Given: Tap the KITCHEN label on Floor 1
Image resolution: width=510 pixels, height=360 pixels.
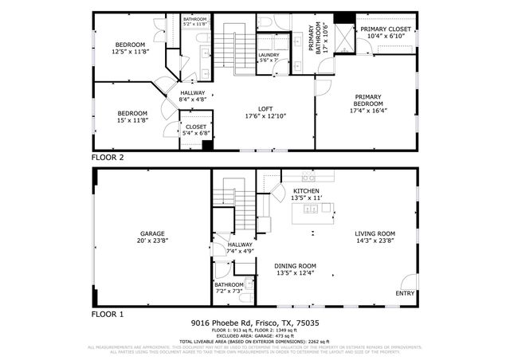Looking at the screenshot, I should (x=308, y=192).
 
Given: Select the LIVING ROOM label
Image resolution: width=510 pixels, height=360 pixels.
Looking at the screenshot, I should (x=375, y=233).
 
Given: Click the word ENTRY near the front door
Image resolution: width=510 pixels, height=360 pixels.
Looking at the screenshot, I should (x=405, y=293).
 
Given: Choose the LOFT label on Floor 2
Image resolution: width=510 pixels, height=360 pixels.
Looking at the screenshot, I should (x=265, y=109).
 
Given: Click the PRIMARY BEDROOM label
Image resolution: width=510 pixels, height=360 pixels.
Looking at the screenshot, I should (x=369, y=100).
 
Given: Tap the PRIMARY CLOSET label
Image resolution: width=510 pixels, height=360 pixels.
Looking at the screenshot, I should (x=385, y=29).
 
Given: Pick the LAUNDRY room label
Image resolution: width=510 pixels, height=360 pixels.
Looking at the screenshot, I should (x=268, y=55).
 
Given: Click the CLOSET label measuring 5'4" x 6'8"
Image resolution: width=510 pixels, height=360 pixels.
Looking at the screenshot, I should (x=196, y=127).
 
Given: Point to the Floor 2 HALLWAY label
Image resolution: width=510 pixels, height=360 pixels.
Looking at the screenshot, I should (x=191, y=92).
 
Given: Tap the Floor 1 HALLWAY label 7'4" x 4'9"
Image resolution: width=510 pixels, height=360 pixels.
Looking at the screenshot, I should (x=240, y=245).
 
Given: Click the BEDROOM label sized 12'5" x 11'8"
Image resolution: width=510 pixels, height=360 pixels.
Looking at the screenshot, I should (x=130, y=44).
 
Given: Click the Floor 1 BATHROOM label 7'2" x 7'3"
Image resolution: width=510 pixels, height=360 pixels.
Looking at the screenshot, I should (x=229, y=284).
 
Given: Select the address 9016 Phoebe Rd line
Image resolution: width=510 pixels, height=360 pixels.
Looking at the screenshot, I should (x=254, y=323).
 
